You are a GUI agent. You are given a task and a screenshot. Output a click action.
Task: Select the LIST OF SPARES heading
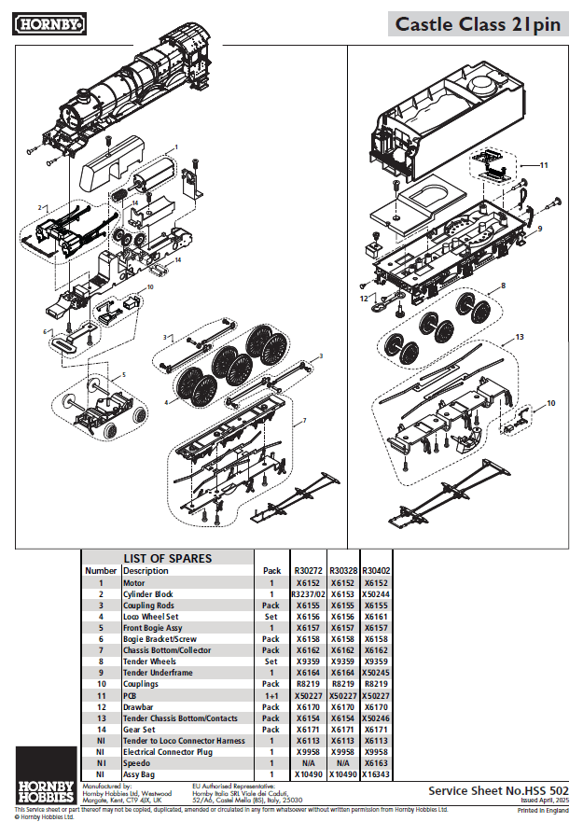[x=168, y=558]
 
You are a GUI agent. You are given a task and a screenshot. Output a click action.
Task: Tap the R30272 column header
[x=308, y=570]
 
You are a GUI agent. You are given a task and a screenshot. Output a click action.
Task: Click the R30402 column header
[x=376, y=570]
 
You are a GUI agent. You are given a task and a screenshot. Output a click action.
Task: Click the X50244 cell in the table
[x=376, y=594]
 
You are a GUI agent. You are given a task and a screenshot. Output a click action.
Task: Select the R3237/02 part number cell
[x=308, y=594]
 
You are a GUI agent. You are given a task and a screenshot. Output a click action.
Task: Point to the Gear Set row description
[x=140, y=730]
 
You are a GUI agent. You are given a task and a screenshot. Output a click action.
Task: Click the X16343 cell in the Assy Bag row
[x=376, y=774]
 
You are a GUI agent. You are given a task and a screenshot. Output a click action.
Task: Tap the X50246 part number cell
[x=376, y=718]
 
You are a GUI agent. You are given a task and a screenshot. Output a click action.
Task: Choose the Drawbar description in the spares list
[x=138, y=707]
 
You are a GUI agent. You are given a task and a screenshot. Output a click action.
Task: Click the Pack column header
[x=271, y=570]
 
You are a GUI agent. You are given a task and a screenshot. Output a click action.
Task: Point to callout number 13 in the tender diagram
[x=521, y=337]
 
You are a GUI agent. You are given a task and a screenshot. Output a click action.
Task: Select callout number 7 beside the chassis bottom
[x=303, y=422]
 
